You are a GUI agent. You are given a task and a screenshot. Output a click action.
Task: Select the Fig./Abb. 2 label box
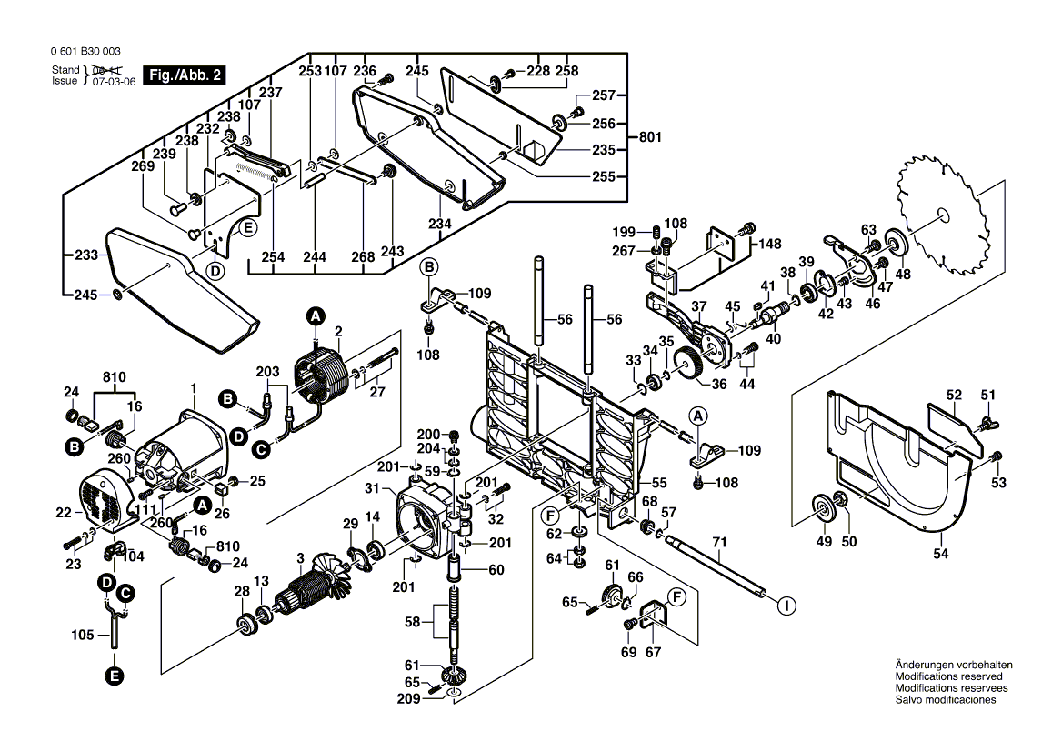[185, 75]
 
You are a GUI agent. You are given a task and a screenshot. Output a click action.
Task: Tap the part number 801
[649, 137]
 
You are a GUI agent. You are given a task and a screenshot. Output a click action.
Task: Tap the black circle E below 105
[114, 676]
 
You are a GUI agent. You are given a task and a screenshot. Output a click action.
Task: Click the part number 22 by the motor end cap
[63, 513]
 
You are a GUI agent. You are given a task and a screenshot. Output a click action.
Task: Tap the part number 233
[85, 256]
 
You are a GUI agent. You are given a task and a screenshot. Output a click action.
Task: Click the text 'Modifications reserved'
[948, 676]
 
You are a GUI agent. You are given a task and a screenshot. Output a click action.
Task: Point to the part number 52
[953, 396]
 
